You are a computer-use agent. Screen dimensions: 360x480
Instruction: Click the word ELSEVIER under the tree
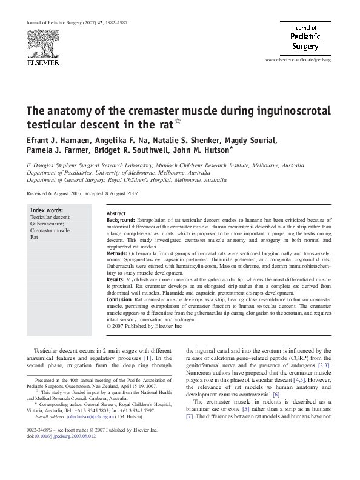click(41, 62)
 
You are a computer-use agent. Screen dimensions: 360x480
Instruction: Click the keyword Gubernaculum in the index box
click(47, 224)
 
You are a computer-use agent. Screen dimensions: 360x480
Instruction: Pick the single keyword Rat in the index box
click(35, 237)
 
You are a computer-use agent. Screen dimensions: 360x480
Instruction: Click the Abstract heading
click(116, 214)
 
